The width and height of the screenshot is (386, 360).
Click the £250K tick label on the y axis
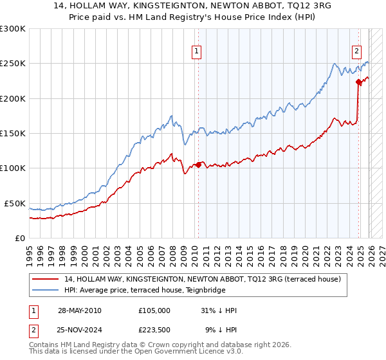coord(12,64)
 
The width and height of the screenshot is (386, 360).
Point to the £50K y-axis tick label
coord(15,203)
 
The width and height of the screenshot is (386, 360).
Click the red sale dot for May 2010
coord(198,165)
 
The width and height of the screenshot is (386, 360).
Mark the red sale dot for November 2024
coord(358,82)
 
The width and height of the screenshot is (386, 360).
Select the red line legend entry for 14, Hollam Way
coord(206,279)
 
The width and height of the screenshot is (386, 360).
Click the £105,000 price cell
coord(154,310)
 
